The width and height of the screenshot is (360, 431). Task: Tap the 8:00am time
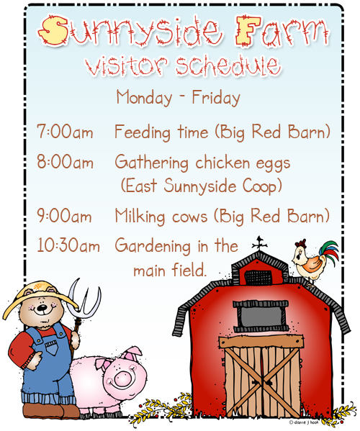(65, 163)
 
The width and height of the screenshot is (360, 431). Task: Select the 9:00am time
(65, 215)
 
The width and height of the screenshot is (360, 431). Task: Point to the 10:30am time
(68, 246)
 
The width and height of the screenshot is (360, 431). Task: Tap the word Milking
(142, 216)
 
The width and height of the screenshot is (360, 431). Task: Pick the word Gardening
(153, 247)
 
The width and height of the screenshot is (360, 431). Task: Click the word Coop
(260, 186)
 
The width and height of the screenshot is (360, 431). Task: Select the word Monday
(143, 97)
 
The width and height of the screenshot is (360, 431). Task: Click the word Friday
(216, 97)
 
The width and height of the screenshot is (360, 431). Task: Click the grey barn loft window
(262, 315)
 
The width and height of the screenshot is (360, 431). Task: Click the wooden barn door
(262, 381)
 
